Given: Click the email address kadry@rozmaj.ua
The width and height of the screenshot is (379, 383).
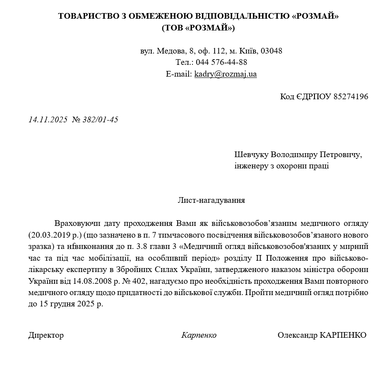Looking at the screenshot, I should (x=225, y=74).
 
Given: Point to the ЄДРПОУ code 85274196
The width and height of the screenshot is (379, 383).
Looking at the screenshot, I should (x=351, y=96).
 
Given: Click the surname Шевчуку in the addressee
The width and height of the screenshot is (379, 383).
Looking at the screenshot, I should (x=252, y=155).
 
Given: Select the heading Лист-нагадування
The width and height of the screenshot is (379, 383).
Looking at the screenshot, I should (x=211, y=200).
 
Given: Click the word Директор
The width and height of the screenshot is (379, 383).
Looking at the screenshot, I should (x=46, y=335).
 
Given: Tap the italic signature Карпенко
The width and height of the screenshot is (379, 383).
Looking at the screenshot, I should (x=199, y=335).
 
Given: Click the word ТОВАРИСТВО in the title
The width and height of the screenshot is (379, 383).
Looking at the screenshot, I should (x=87, y=16).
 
